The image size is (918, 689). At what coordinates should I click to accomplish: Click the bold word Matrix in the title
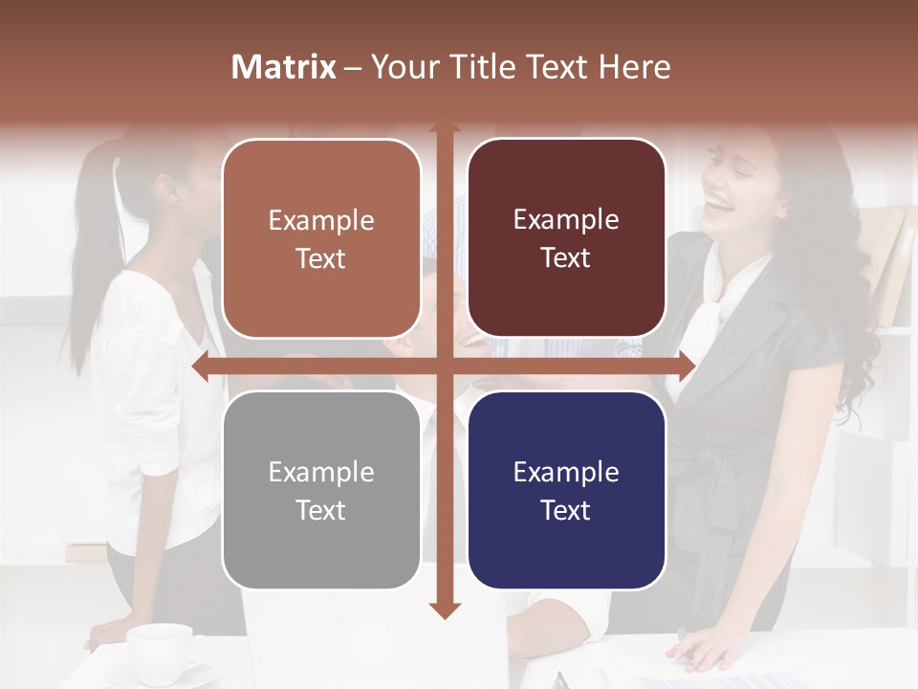(x=284, y=67)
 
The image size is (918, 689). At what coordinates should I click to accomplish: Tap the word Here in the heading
(x=635, y=67)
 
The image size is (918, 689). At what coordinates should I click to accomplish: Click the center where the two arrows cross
(x=444, y=367)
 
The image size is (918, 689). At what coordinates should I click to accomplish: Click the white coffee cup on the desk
(x=161, y=646)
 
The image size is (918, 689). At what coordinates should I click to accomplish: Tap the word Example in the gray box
(x=321, y=472)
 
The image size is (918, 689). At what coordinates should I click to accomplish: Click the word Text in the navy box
(x=566, y=510)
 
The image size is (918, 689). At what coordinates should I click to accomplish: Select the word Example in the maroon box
(x=566, y=220)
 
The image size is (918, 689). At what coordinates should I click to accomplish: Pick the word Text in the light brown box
(x=321, y=258)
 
